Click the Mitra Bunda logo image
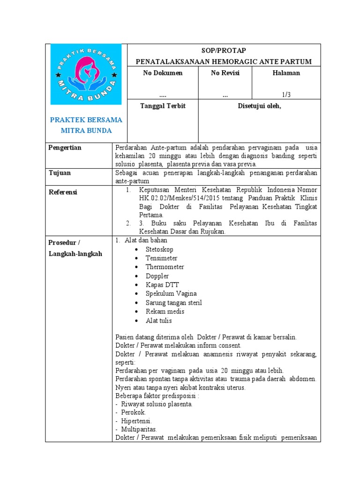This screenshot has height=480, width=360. point(86,74)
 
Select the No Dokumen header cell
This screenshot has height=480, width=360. point(163,73)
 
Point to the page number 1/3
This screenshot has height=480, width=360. point(286,95)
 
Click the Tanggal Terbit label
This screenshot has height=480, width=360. point(163,106)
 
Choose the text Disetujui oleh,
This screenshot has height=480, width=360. point(259,106)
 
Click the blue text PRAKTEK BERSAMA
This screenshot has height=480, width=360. point(86,120)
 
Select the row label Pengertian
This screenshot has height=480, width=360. point(65,148)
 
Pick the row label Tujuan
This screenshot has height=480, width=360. point(60,173)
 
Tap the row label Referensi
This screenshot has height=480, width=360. point(63,192)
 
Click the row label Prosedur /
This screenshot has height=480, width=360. point(65,242)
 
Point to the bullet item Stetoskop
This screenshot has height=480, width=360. point(159,249)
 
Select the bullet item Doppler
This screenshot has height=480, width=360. point(157,276)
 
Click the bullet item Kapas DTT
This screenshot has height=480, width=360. point(162,285)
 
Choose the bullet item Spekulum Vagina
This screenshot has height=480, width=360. point(170,294)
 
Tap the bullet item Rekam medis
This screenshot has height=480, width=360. point(165,312)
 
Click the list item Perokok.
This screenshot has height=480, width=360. point(133,412)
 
